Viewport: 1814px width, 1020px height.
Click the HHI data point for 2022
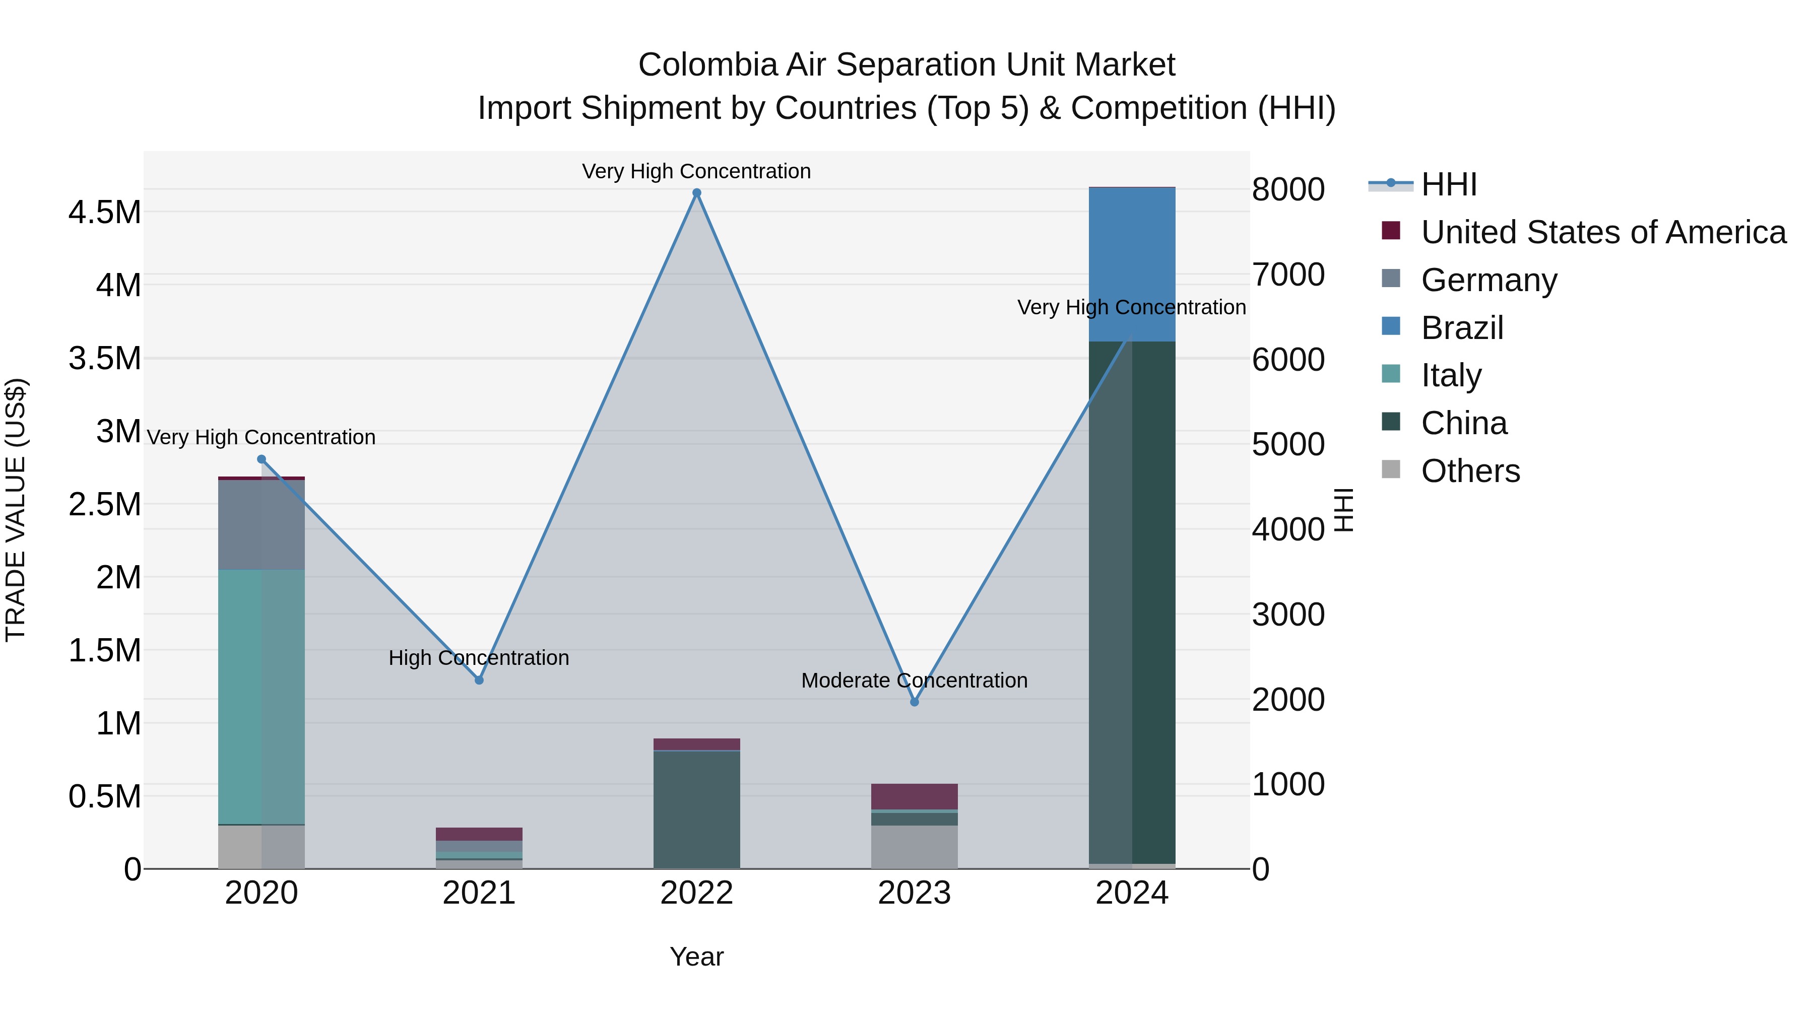pyautogui.click(x=696, y=193)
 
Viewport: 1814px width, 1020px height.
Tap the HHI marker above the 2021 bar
pyautogui.click(x=479, y=680)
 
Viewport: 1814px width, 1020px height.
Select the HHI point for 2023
pyautogui.click(x=914, y=702)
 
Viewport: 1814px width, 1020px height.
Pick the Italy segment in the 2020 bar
pyautogui.click(x=261, y=697)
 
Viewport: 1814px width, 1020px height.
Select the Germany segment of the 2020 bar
pyautogui.click(x=261, y=524)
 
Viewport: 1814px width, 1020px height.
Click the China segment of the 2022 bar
pyautogui.click(x=696, y=809)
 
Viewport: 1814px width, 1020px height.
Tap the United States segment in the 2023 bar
pyautogui.click(x=914, y=796)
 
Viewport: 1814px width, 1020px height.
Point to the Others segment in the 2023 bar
pyautogui.click(x=914, y=847)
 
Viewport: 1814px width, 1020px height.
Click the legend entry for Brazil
pyautogui.click(x=1462, y=328)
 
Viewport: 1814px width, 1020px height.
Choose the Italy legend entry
pyautogui.click(x=1451, y=375)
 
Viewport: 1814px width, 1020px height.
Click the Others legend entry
pyautogui.click(x=1470, y=471)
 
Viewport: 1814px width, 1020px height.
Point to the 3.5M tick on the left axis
pyautogui.click(x=105, y=358)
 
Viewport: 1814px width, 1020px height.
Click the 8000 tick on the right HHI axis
pyautogui.click(x=1288, y=189)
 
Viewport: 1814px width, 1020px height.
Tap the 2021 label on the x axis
pyautogui.click(x=479, y=893)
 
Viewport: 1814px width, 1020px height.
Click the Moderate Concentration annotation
pyautogui.click(x=914, y=681)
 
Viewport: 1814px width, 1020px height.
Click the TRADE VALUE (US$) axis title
pyautogui.click(x=16, y=510)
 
